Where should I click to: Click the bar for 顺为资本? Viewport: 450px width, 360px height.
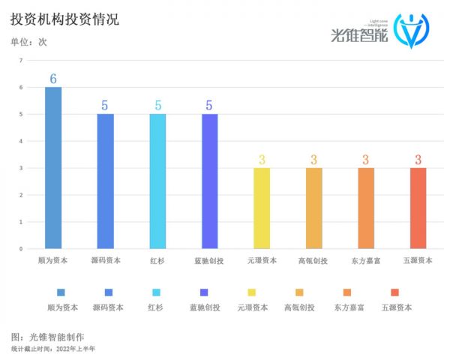click(x=53, y=168)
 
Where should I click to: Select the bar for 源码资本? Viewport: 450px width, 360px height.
click(x=106, y=181)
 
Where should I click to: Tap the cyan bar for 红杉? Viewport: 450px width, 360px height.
click(x=157, y=181)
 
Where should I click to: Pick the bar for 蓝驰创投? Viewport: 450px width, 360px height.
click(x=210, y=181)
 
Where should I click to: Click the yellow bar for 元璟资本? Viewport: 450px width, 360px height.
click(x=262, y=208)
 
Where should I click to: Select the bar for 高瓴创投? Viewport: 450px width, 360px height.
click(x=313, y=208)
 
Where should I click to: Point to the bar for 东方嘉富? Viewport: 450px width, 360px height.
click(x=365, y=208)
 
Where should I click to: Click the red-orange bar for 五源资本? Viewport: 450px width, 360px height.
click(x=418, y=208)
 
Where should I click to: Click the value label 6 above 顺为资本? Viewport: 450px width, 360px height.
click(x=53, y=79)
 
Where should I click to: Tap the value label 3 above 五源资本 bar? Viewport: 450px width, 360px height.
click(x=418, y=160)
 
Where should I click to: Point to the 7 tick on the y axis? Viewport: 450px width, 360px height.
click(x=21, y=61)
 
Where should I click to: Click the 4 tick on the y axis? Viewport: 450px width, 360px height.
click(x=21, y=142)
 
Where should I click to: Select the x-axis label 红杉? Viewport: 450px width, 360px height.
click(x=157, y=261)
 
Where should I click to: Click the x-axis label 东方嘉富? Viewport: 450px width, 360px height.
click(x=365, y=261)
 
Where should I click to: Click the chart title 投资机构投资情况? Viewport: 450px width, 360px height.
click(x=65, y=19)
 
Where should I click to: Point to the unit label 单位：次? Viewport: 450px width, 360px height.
click(x=29, y=42)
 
